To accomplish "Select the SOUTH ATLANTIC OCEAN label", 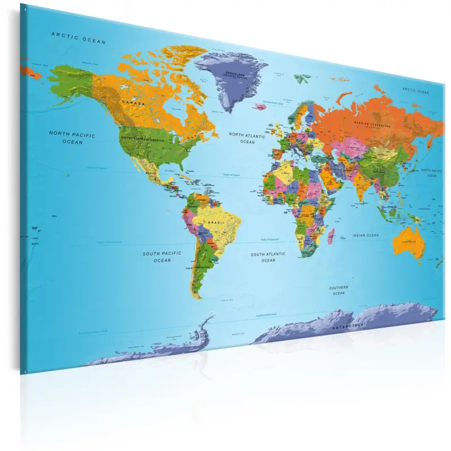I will point(268,257).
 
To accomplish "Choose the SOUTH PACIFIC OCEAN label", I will point(162,257).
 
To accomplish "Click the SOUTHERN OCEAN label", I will point(339,290).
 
